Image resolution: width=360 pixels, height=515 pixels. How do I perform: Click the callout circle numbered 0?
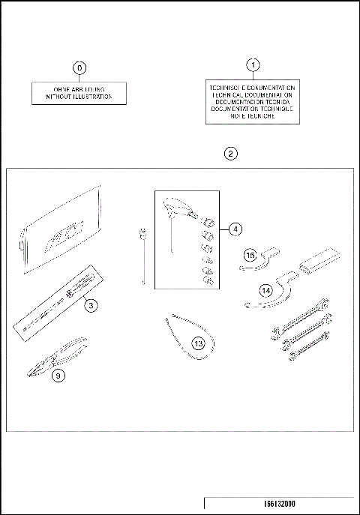click(x=79, y=68)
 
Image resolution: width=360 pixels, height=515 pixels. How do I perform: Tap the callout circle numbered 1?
click(x=253, y=64)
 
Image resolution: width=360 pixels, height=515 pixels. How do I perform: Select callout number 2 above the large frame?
click(x=231, y=153)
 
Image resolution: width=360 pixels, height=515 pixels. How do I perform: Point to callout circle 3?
click(x=89, y=305)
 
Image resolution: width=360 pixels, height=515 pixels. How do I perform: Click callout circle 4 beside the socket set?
click(x=235, y=228)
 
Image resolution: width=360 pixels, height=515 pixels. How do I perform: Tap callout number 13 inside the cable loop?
click(x=198, y=344)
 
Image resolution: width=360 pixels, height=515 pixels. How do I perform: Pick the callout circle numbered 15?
click(x=251, y=256)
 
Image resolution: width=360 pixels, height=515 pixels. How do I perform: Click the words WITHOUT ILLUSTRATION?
click(x=79, y=97)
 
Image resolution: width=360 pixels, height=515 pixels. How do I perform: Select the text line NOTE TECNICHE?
click(x=253, y=116)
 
